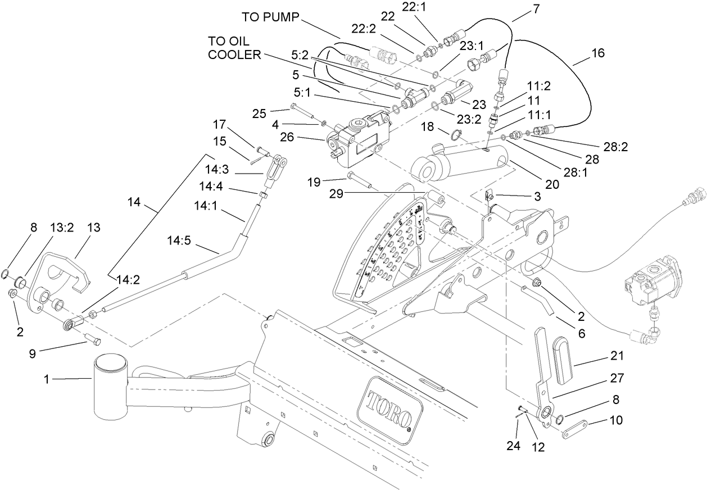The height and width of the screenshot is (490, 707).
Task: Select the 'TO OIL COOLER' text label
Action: (x=235, y=48)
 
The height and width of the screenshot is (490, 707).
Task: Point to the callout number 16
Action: (x=597, y=53)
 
